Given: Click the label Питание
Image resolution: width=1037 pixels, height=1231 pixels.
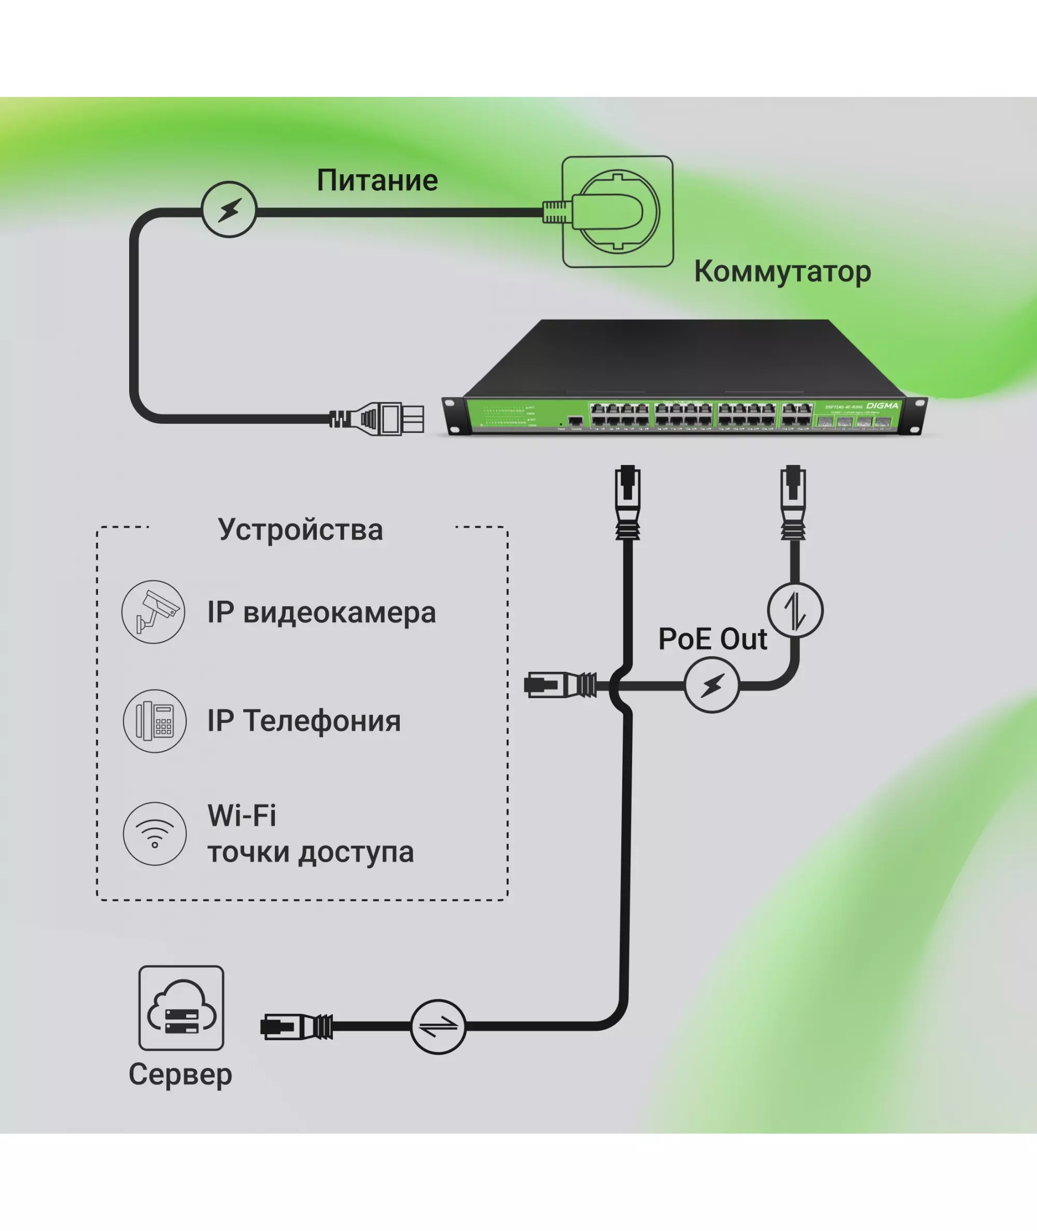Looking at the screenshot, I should click(377, 180).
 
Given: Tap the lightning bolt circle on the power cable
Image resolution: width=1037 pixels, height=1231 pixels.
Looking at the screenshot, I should click(229, 209).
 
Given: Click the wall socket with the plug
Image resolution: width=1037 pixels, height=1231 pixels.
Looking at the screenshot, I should click(616, 211).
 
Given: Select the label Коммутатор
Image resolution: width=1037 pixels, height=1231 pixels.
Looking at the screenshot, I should click(782, 272).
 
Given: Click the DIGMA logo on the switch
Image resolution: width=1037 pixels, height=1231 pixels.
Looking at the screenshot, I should click(882, 405).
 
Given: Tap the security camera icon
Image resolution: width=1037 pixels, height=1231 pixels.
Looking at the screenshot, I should click(153, 612).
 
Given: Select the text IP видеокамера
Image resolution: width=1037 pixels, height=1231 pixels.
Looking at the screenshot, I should click(321, 612).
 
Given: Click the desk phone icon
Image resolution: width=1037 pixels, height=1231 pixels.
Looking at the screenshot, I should click(155, 721).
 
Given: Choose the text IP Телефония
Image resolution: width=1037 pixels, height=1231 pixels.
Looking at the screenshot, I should click(303, 721).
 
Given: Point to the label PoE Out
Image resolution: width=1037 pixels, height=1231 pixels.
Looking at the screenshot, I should click(712, 639).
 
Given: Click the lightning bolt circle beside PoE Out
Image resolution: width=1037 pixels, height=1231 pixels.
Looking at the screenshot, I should click(711, 685).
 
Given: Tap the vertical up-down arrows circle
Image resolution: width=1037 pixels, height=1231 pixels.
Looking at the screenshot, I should click(795, 610).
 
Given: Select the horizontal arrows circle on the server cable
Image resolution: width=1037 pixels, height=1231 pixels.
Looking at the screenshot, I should click(438, 1027).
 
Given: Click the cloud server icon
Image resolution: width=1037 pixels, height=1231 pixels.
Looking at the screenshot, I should click(181, 1008).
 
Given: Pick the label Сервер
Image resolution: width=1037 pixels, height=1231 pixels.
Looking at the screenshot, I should click(180, 1074).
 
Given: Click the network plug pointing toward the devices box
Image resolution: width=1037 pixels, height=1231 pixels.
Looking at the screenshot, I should click(558, 685).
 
